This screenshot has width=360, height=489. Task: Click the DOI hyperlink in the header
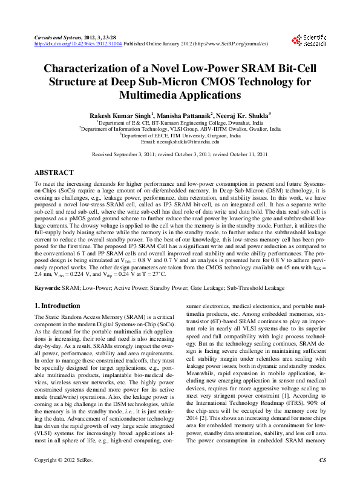point(78,44)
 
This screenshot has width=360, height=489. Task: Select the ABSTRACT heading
point(54,172)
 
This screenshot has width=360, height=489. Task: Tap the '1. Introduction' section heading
point(57,306)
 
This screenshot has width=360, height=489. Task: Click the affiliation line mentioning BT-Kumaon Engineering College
point(180,122)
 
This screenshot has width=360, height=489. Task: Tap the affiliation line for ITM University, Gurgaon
point(180,135)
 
